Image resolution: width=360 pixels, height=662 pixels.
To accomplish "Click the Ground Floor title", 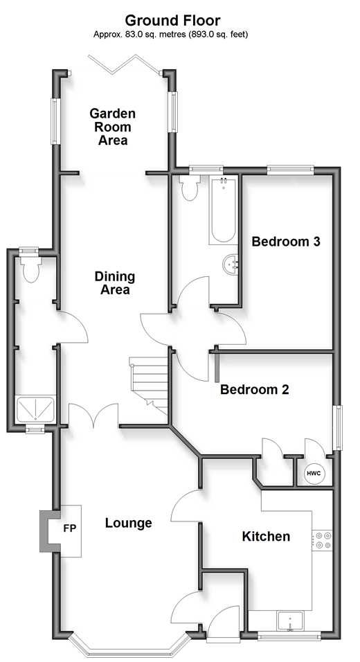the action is click(172, 20).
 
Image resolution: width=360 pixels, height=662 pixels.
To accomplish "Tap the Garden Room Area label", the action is click(113, 127).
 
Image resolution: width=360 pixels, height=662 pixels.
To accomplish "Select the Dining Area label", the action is click(115, 283).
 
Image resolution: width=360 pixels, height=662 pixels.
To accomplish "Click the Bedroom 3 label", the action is click(286, 242).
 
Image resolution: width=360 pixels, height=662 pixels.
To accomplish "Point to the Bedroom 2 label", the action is click(255, 389).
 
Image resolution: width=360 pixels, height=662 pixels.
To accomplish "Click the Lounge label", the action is click(128, 523).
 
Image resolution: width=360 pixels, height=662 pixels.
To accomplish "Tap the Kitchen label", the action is click(266, 536).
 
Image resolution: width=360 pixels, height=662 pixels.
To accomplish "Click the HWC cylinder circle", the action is click(314, 473).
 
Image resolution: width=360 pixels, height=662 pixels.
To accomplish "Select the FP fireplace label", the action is click(70, 528).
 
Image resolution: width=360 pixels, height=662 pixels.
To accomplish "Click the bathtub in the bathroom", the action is click(223, 210).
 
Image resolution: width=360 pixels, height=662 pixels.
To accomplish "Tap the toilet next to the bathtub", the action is click(188, 188).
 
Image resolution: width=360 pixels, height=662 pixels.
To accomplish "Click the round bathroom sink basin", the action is click(231, 264).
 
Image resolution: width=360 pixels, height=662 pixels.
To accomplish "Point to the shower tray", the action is click(36, 409).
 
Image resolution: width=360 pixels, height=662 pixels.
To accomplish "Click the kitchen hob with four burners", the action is click(322, 540).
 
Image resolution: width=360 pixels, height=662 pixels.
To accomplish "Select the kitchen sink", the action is click(290, 621).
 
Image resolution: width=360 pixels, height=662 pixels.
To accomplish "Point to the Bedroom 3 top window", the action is click(290, 170).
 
